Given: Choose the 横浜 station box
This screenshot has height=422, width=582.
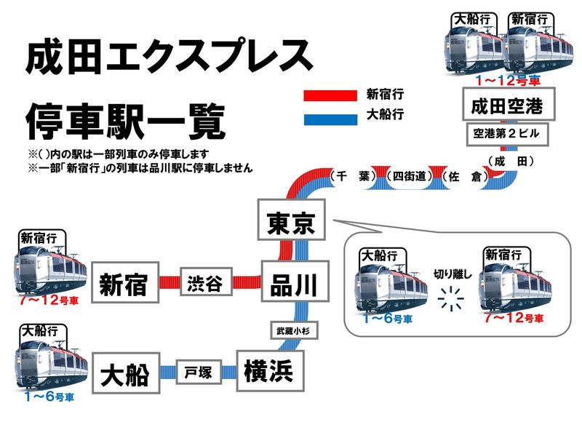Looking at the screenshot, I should [269, 371].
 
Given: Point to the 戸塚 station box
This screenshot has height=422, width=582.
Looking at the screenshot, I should [198, 373].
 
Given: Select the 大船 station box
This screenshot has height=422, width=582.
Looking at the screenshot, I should [125, 374].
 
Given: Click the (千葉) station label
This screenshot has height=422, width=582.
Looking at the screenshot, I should [351, 176].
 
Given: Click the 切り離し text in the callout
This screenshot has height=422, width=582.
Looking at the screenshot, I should [453, 274].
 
